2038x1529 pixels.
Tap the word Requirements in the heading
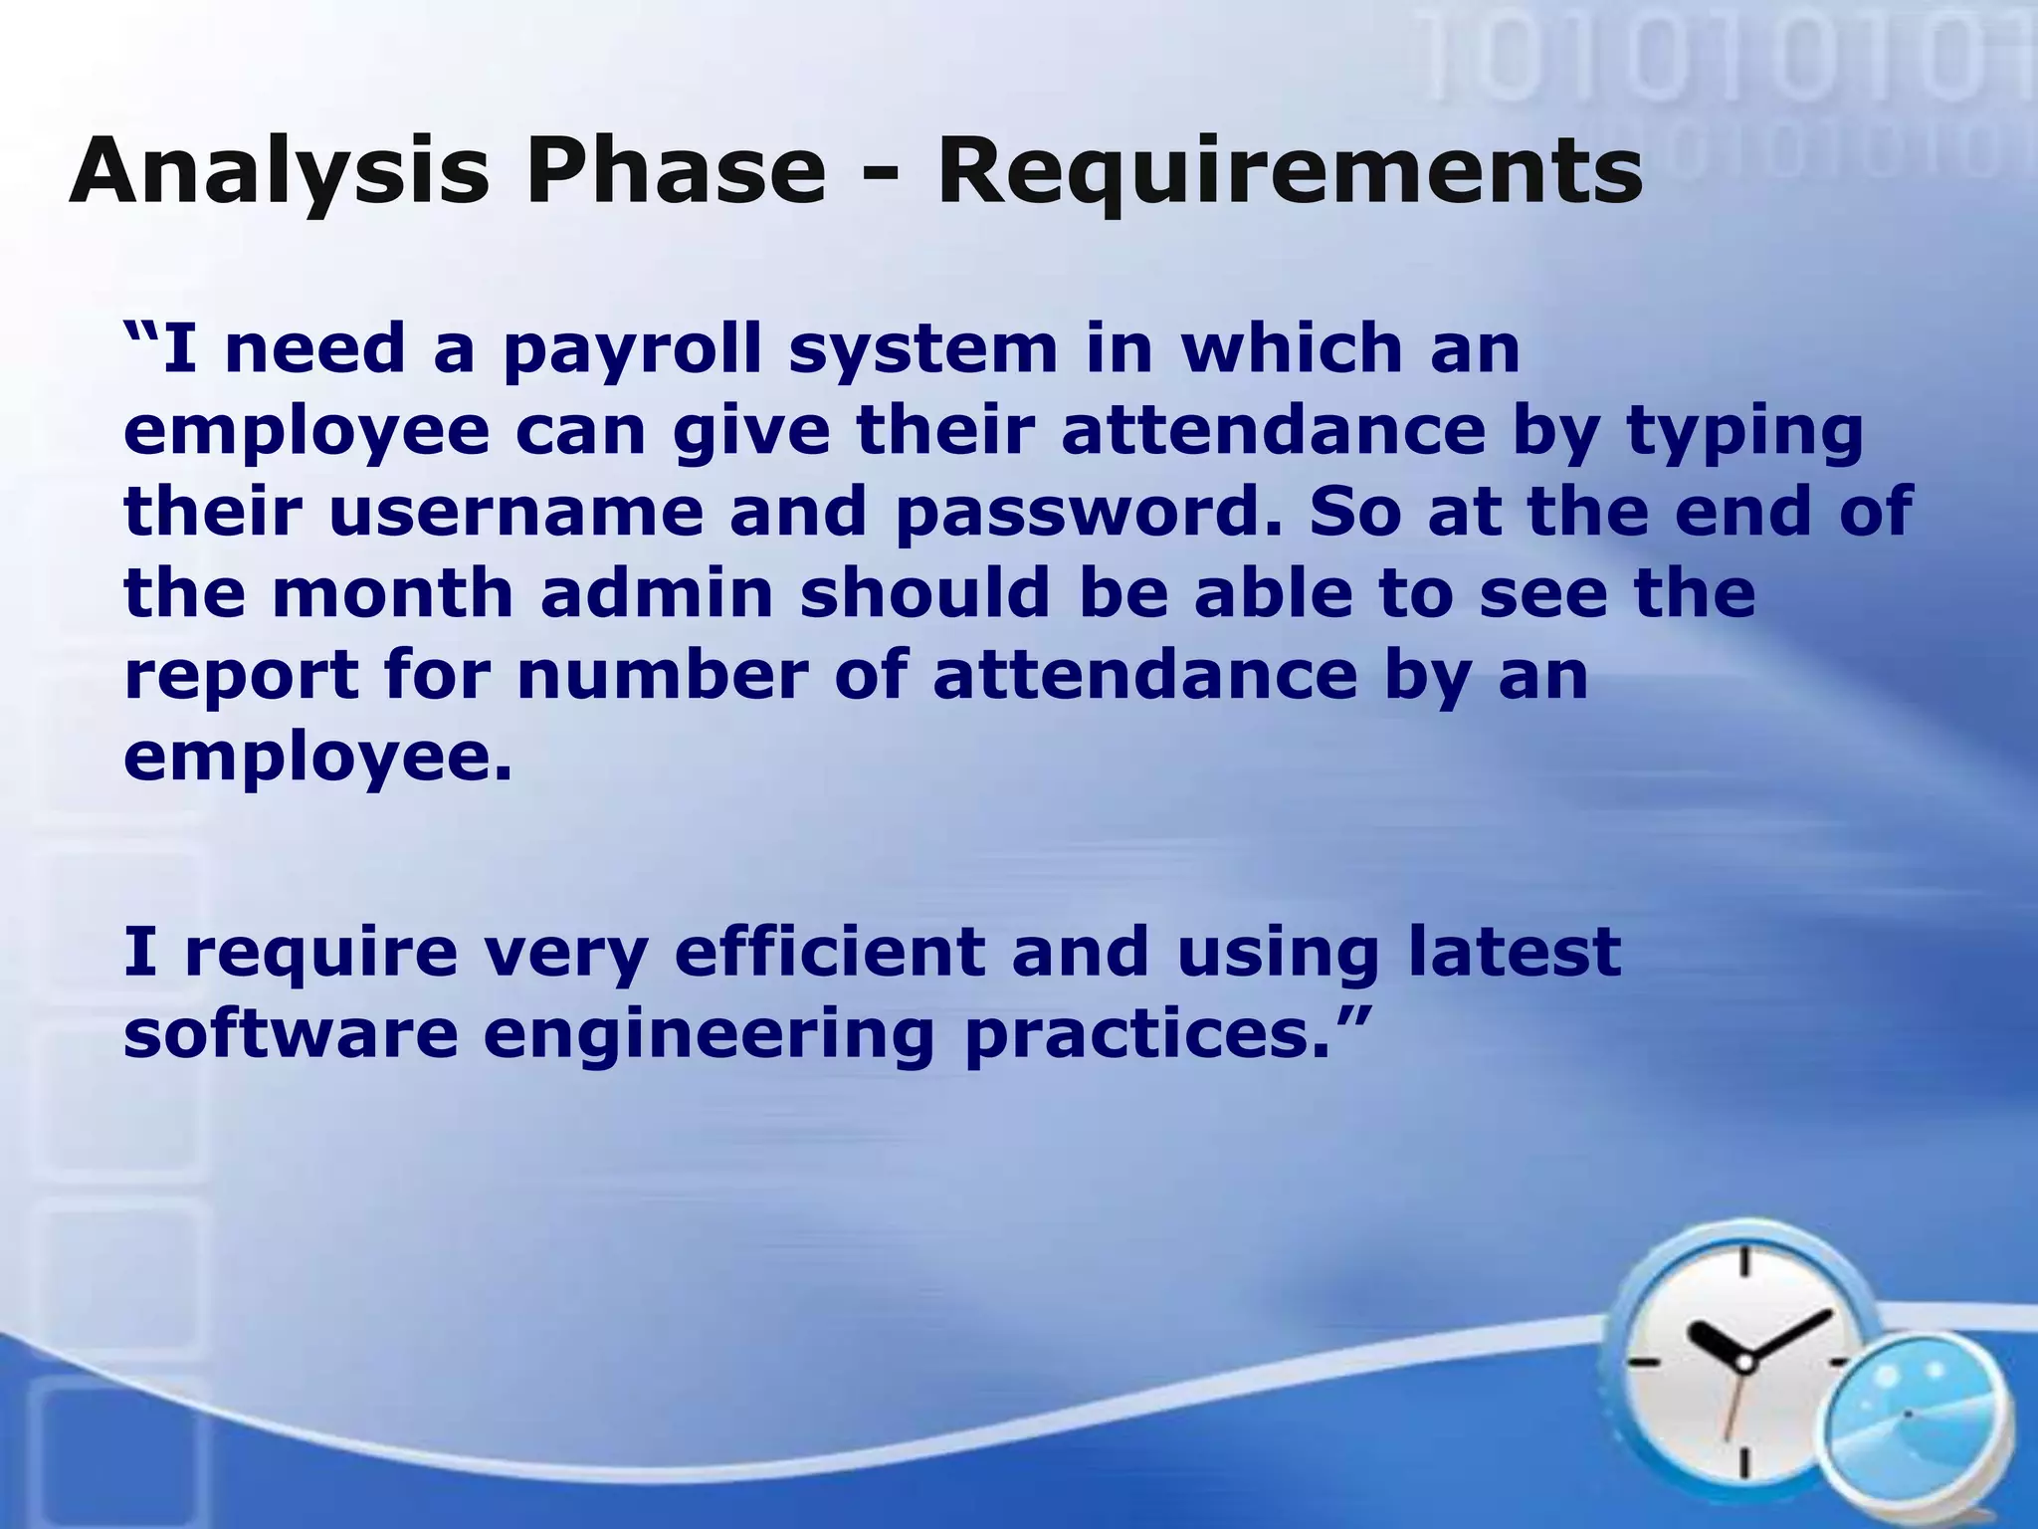pyautogui.click(x=1290, y=171)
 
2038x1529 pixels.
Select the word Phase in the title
pyautogui.click(x=682, y=171)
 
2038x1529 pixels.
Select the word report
pyautogui.click(x=241, y=675)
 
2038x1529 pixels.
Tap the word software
pyautogui.click(x=291, y=1033)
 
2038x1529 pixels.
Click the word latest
pyautogui.click(x=1514, y=952)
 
